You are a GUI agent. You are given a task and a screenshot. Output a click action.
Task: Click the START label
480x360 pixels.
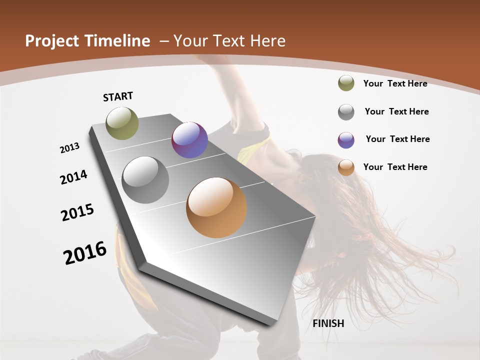(x=118, y=96)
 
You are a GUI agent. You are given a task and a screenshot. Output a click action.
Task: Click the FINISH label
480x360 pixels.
(x=328, y=323)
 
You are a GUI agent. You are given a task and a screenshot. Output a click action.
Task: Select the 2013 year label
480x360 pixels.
(x=70, y=148)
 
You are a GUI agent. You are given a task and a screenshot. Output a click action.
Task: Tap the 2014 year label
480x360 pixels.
(x=74, y=177)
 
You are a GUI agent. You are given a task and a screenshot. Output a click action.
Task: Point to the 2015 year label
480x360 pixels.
(x=77, y=212)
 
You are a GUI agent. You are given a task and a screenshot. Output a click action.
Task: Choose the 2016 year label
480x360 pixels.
(x=85, y=253)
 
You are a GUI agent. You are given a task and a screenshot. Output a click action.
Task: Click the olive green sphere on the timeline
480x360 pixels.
(x=122, y=123)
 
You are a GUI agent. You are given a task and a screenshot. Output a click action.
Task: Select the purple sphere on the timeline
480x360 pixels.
(x=189, y=140)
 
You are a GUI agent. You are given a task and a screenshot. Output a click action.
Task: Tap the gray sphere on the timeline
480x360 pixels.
(x=145, y=180)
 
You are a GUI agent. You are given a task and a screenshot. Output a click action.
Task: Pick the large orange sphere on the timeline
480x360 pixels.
(x=216, y=207)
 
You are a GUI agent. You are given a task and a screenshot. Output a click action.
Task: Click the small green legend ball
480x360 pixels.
(x=346, y=83)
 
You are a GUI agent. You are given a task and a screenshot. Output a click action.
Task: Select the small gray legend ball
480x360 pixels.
(x=346, y=112)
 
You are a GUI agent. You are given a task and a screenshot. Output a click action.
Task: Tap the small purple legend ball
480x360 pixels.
(x=346, y=140)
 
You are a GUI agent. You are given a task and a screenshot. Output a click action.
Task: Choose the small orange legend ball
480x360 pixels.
(x=346, y=167)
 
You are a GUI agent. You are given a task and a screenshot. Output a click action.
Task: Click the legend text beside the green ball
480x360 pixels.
(x=395, y=83)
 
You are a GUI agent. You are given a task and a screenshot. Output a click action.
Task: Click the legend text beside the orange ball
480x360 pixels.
(x=395, y=167)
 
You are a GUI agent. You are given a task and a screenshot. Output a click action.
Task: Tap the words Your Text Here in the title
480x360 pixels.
(x=229, y=41)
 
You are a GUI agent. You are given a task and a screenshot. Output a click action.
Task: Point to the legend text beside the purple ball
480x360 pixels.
(x=397, y=139)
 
